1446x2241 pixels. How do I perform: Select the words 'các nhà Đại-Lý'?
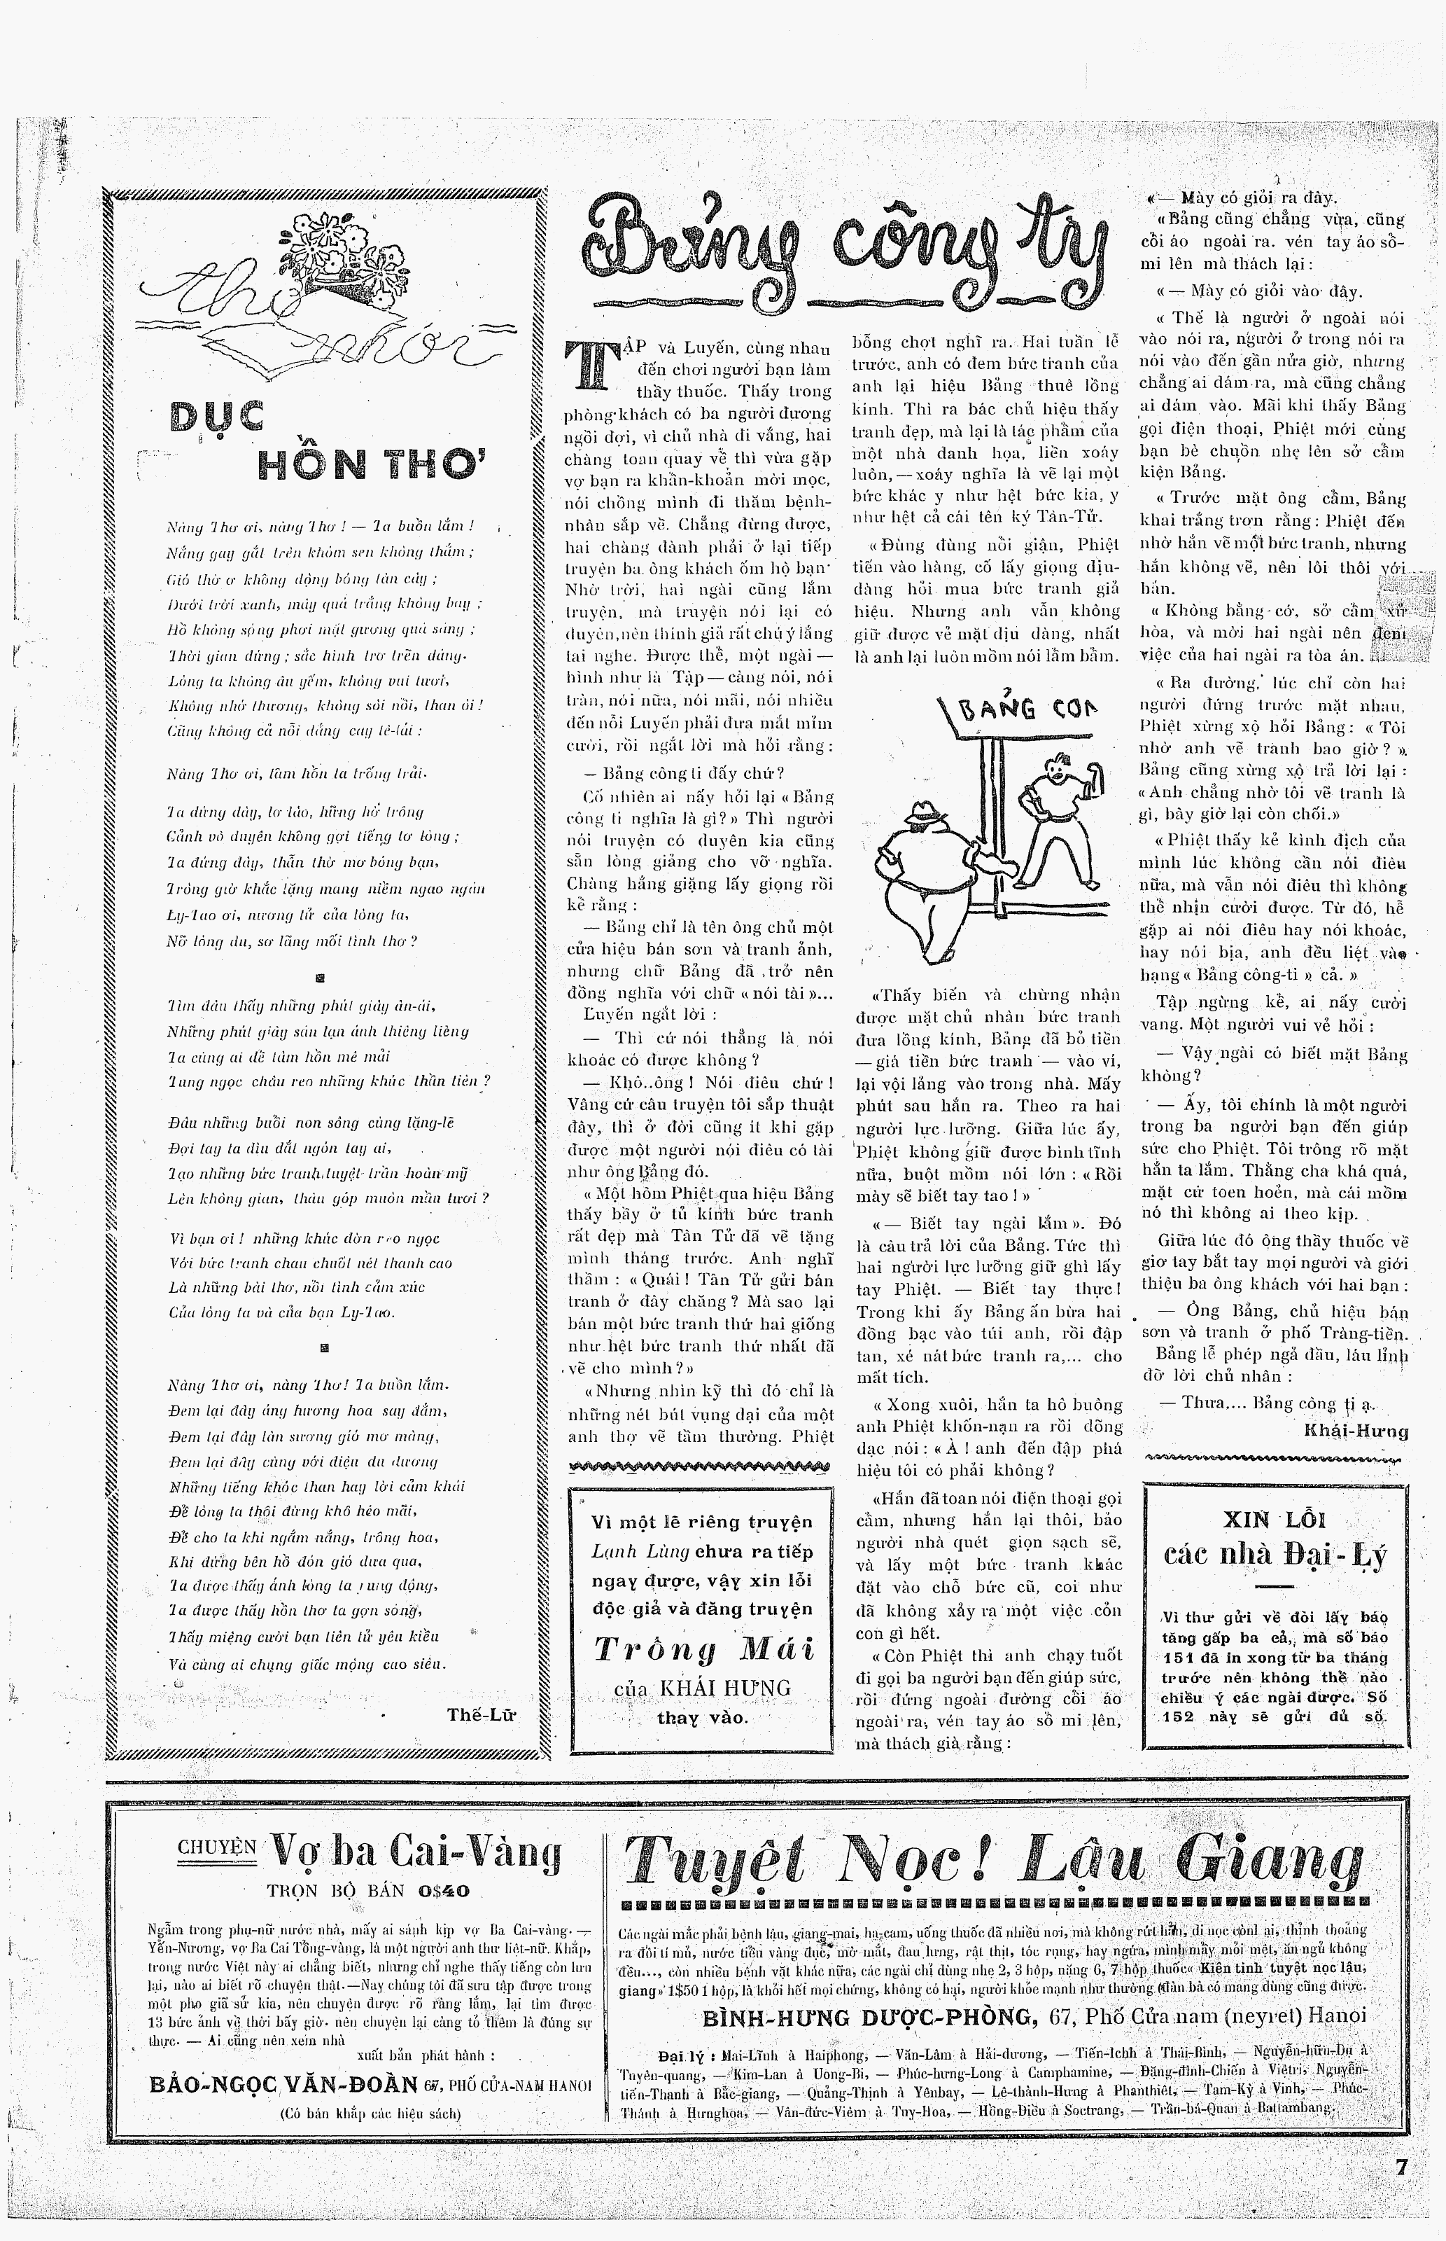1274,1555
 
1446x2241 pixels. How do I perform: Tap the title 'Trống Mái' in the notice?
703,1650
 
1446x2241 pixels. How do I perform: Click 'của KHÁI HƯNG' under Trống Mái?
702,1688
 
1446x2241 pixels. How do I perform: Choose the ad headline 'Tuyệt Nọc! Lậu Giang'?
992,1859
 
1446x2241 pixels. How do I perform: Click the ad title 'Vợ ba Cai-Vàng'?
415,1852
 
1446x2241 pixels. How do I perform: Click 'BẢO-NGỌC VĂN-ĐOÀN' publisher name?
283,2084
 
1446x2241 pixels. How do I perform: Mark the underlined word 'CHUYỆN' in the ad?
216,1847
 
